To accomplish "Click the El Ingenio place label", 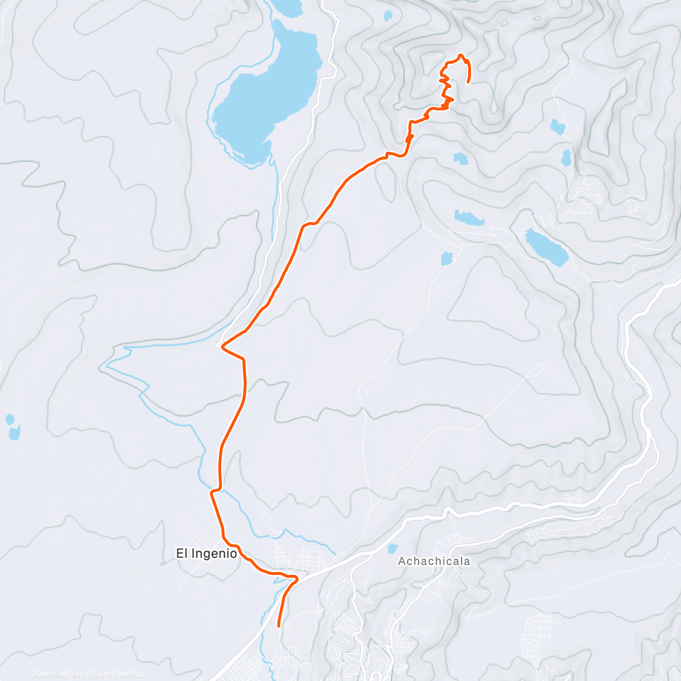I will coord(206,553).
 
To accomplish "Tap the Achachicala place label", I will coord(434,561).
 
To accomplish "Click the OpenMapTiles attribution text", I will coord(56,674).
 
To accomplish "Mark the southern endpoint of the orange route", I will coord(278,626).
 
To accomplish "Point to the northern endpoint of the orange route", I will coord(468,82).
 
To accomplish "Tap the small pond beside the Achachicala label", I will coord(392,549).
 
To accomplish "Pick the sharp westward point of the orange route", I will coord(222,344).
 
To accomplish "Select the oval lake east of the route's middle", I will coord(546,247).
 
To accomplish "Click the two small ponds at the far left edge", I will coord(12,427).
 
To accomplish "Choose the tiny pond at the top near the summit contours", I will coord(388,15).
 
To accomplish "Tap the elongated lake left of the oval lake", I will coord(469,217).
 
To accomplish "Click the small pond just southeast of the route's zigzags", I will coord(460,158).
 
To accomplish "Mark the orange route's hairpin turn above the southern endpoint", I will coord(295,578).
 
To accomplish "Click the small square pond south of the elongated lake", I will coord(447,259).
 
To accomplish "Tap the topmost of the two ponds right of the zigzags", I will coord(557,127).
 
